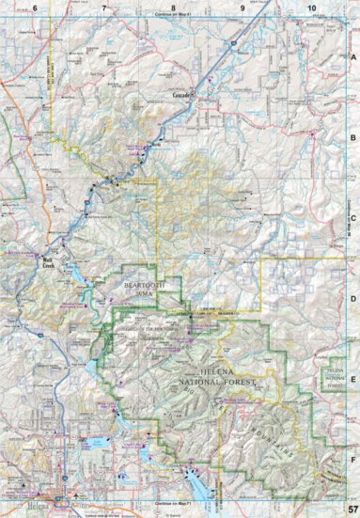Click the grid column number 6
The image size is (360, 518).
(x=35, y=8)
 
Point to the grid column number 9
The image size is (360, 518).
(x=243, y=8)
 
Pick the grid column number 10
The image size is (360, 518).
(x=311, y=8)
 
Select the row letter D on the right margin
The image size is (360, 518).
(x=353, y=300)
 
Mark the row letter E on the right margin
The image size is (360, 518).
(x=353, y=381)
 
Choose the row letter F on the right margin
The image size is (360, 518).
(x=353, y=461)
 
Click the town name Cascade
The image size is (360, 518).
(x=182, y=96)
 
